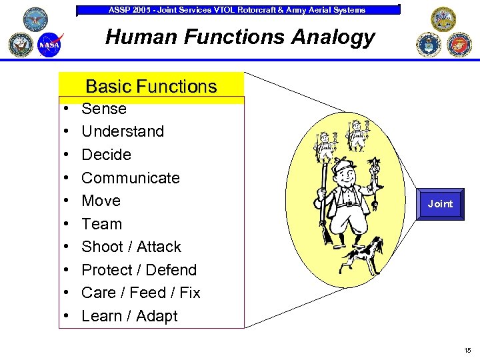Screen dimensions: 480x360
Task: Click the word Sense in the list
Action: click(103, 109)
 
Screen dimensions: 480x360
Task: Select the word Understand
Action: click(122, 131)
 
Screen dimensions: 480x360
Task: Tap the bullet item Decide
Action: click(106, 155)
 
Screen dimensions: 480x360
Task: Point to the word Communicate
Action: click(130, 178)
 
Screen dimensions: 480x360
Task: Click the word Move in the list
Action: click(101, 201)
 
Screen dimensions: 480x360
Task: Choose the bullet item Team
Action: click(101, 224)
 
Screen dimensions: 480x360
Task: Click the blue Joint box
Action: click(439, 204)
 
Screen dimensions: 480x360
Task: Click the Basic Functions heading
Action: click(151, 86)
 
